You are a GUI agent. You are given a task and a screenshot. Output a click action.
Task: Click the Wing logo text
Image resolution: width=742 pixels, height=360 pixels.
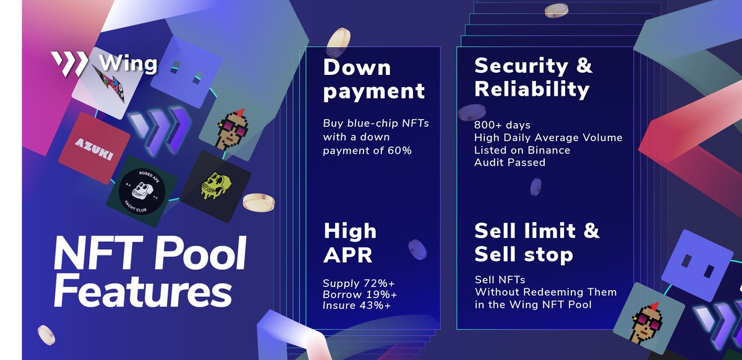[x=127, y=64]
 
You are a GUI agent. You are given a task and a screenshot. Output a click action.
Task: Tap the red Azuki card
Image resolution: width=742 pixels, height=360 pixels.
[x=93, y=147]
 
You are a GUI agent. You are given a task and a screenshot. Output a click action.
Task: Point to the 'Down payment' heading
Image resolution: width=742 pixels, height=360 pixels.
[x=374, y=79]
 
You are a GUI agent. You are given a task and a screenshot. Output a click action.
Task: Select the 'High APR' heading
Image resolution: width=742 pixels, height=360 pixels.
[x=350, y=242]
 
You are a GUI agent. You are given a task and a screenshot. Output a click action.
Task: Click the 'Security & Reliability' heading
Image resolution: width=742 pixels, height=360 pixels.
[x=533, y=78]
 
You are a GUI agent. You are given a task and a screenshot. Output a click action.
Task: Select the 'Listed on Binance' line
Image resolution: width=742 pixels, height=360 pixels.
[x=522, y=150]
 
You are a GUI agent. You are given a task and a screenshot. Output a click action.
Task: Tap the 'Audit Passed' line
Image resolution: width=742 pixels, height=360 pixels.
[x=510, y=163]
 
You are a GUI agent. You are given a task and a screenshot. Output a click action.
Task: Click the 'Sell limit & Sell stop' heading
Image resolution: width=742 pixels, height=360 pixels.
[x=537, y=242]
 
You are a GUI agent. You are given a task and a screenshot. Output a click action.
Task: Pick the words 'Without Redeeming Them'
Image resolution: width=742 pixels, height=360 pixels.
[x=545, y=292]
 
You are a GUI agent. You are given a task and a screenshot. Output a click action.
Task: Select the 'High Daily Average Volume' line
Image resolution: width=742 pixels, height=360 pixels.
[x=548, y=138]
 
